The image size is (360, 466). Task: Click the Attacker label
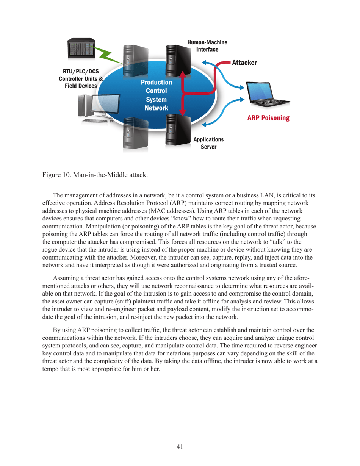point(244,62)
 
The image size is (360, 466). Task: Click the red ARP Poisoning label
point(268,118)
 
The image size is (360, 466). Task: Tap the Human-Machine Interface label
point(207,46)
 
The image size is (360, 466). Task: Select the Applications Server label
point(208,143)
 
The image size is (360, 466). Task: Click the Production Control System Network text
point(156,95)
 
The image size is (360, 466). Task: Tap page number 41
point(180,447)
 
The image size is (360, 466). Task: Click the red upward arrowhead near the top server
point(183,75)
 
